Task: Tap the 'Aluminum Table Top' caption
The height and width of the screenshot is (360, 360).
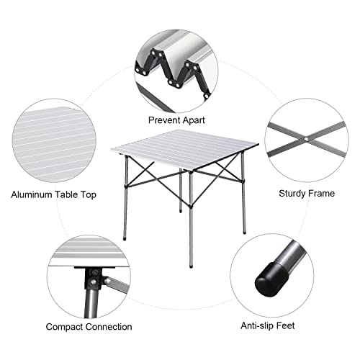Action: (x=53, y=194)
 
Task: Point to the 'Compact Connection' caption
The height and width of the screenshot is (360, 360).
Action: (x=89, y=327)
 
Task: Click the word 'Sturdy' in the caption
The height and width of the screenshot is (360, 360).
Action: (x=293, y=194)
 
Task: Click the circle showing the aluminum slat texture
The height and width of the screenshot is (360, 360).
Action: (x=54, y=137)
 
